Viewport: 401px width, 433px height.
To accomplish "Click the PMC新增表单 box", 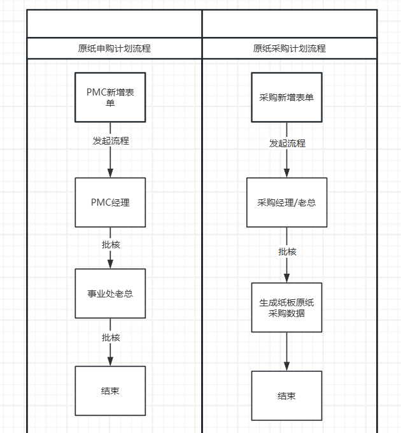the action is (x=110, y=97).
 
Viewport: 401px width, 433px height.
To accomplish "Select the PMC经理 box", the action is (x=110, y=202).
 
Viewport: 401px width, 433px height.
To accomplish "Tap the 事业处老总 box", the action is (x=110, y=294).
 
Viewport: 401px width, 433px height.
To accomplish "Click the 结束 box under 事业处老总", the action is (x=110, y=391).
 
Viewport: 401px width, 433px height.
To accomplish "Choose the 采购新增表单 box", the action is (x=286, y=97).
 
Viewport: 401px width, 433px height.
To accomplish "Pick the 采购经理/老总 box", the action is (x=286, y=202).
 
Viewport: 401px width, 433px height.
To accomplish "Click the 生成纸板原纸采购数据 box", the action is (x=286, y=308).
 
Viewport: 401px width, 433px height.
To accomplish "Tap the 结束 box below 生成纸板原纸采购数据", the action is (x=286, y=395).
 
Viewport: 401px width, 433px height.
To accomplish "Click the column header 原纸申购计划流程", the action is (x=115, y=48).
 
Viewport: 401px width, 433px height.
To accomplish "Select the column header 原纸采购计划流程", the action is (x=289, y=48).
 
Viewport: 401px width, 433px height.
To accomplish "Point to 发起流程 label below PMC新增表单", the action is (x=111, y=141).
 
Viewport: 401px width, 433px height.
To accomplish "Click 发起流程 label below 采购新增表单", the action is (x=287, y=143).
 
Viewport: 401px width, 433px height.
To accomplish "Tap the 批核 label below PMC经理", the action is (x=111, y=245).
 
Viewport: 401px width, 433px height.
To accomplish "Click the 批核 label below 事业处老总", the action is (x=111, y=337).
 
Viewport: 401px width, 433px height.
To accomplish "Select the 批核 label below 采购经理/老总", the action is (x=287, y=252).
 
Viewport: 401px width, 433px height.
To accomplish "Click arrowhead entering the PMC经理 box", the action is (x=110, y=173).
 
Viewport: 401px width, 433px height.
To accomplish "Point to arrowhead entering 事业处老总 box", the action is (x=110, y=264).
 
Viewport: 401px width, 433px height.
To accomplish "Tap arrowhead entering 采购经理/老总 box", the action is (x=286, y=173).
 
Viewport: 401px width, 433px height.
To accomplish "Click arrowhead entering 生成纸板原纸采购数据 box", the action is (x=286, y=278).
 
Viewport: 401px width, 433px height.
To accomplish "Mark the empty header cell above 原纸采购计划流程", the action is (x=290, y=24).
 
